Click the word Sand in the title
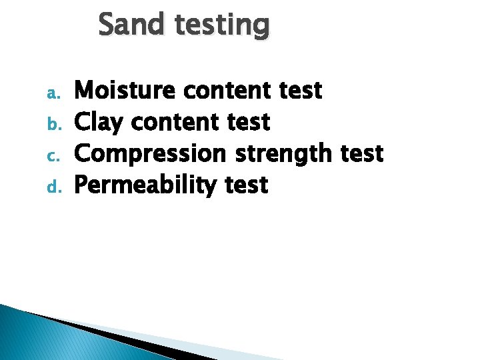(129, 25)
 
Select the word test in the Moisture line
(301, 91)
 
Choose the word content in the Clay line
(175, 123)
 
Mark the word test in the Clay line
(249, 123)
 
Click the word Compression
(150, 155)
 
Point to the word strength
(283, 155)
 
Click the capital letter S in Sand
(107, 25)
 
